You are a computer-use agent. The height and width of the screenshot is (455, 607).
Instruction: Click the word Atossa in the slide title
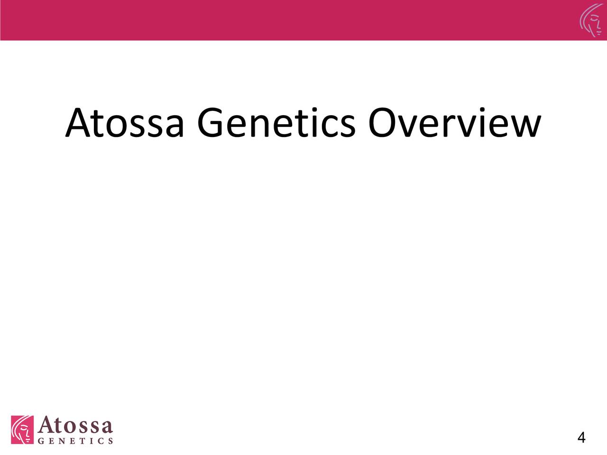124,123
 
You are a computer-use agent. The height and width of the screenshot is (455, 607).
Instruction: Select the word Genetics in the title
276,122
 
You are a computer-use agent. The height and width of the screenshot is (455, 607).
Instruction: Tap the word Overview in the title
455,122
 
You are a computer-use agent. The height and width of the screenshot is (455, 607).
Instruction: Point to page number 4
581,437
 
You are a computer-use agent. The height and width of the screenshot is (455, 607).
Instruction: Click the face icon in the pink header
591,21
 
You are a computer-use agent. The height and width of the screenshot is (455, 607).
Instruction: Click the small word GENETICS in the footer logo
75,441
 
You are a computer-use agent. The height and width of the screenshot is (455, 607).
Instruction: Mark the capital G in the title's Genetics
210,123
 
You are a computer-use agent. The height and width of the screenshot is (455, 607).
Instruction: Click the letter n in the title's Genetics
259,127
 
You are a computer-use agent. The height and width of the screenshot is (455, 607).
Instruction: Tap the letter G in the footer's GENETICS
41,441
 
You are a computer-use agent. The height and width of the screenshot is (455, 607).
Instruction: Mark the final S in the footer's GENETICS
110,441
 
